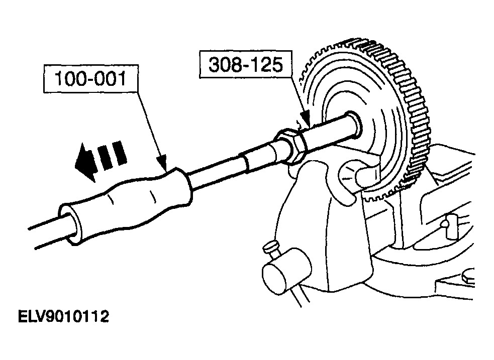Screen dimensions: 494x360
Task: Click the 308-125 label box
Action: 245,64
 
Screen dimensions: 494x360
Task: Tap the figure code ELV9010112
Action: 63,317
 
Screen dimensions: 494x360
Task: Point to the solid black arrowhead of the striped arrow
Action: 85,162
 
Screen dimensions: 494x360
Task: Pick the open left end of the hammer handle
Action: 70,224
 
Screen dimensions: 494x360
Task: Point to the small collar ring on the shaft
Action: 245,162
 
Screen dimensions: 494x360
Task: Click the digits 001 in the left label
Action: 110,79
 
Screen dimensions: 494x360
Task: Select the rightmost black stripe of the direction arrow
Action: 119,153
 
